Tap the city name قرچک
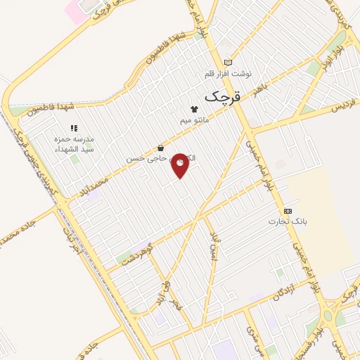pyautogui.click(x=222, y=97)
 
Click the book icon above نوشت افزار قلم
pyautogui.click(x=226, y=63)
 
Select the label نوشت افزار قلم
pyautogui.click(x=227, y=74)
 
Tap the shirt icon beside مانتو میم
pyautogui.click(x=194, y=108)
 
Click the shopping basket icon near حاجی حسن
pyautogui.click(x=161, y=148)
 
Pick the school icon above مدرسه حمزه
pyautogui.click(x=74, y=128)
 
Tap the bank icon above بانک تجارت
pyautogui.click(x=288, y=211)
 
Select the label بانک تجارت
pyautogui.click(x=288, y=222)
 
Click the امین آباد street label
pyautogui.click(x=214, y=247)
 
